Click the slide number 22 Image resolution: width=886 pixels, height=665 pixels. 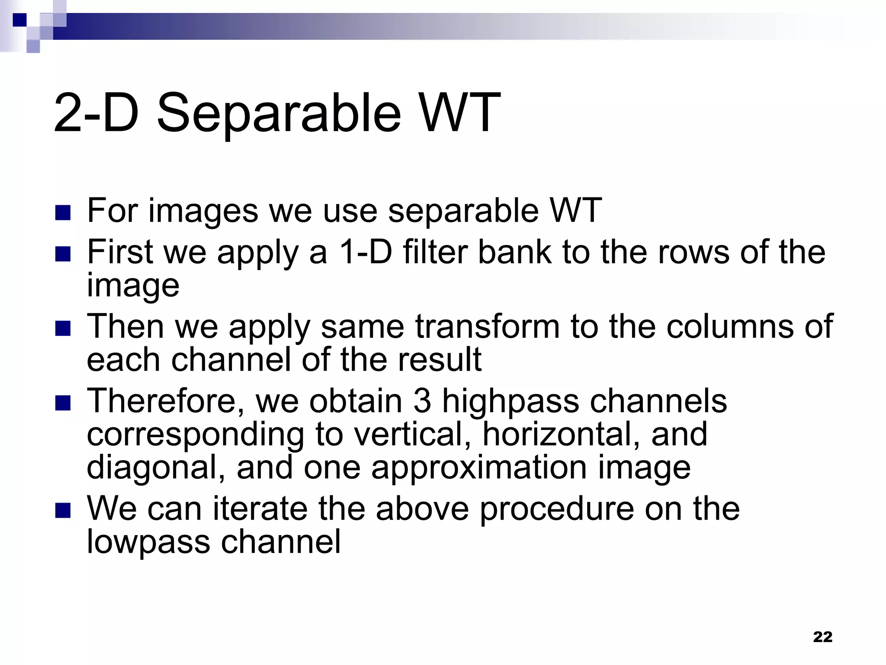pyautogui.click(x=822, y=637)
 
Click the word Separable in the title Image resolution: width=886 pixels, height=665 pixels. pyautogui.click(x=279, y=113)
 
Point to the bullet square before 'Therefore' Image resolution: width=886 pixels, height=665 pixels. pyautogui.click(x=63, y=403)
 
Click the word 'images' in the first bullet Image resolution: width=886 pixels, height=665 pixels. pyautogui.click(x=203, y=211)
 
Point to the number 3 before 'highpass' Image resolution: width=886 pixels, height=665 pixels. pyautogui.click(x=422, y=401)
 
